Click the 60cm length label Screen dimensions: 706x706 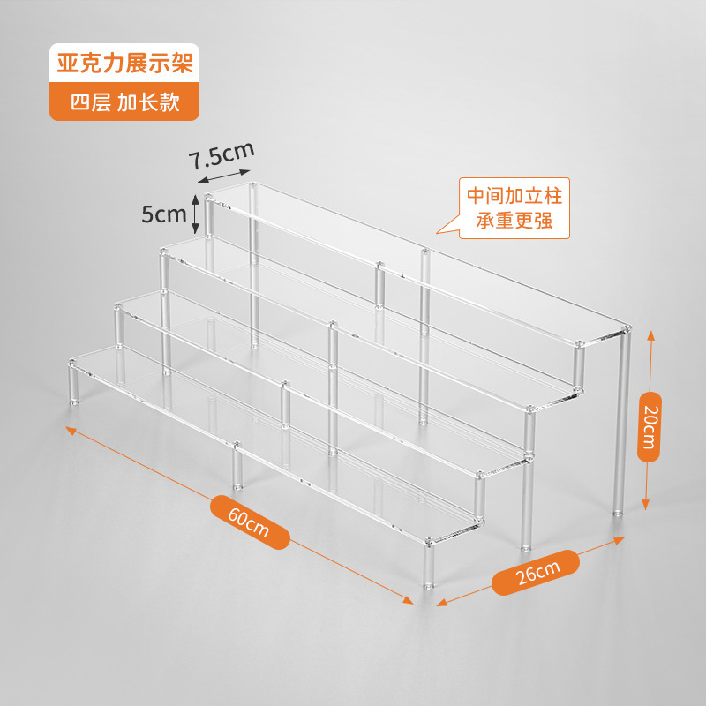(250, 522)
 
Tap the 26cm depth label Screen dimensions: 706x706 (536, 573)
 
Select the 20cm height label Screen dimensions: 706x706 (650, 427)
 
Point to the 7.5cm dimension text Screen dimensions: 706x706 (222, 155)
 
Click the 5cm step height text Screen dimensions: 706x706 (164, 214)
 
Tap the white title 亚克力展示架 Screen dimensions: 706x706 (124, 63)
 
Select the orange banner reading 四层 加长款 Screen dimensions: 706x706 (124, 101)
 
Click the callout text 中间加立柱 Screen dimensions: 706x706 (514, 196)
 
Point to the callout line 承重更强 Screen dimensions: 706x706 (514, 221)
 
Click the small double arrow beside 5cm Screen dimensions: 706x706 (195, 214)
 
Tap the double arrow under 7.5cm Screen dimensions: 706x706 (224, 176)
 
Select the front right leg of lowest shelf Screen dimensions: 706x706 (428, 563)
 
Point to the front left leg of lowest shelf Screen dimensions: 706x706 (73, 383)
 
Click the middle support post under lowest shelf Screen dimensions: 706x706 (237, 466)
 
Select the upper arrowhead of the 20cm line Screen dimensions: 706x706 (651, 334)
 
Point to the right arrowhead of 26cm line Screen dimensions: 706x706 (620, 539)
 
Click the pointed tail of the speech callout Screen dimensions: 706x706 (438, 232)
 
